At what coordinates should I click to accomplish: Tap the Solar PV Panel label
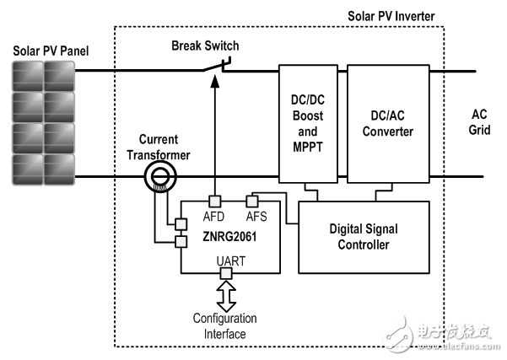(49, 51)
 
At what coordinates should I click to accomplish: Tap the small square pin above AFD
(216, 201)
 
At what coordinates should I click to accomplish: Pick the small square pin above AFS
(251, 201)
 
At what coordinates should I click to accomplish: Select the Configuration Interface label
(224, 325)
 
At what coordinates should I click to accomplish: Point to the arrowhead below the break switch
(216, 81)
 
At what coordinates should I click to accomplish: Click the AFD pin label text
(215, 216)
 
